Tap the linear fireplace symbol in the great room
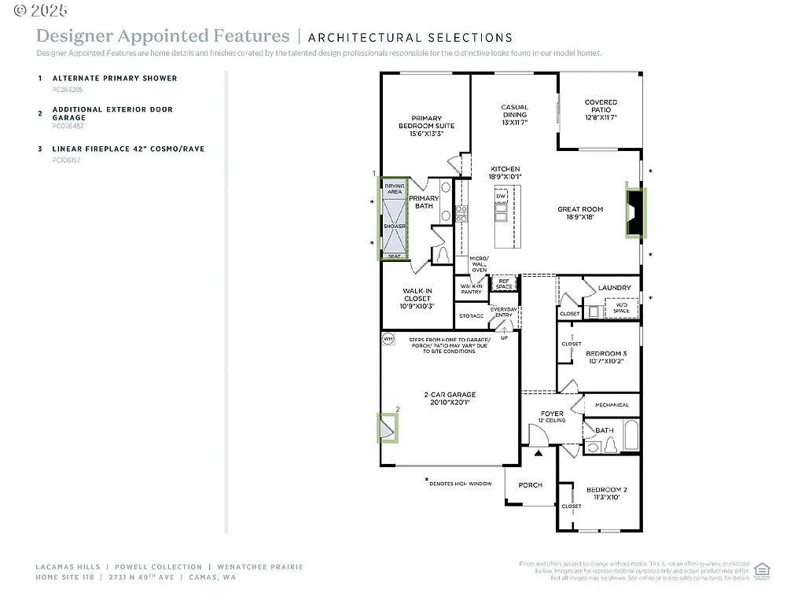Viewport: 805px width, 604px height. [634, 212]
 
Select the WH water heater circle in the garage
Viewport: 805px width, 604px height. [388, 339]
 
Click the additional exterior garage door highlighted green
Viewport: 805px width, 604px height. [388, 429]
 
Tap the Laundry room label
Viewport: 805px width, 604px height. [614, 288]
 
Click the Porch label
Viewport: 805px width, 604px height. [530, 485]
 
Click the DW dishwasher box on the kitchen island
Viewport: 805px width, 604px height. [500, 196]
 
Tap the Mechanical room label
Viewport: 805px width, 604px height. [612, 405]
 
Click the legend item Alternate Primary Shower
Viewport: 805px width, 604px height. [115, 78]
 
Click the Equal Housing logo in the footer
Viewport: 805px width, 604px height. [761, 570]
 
